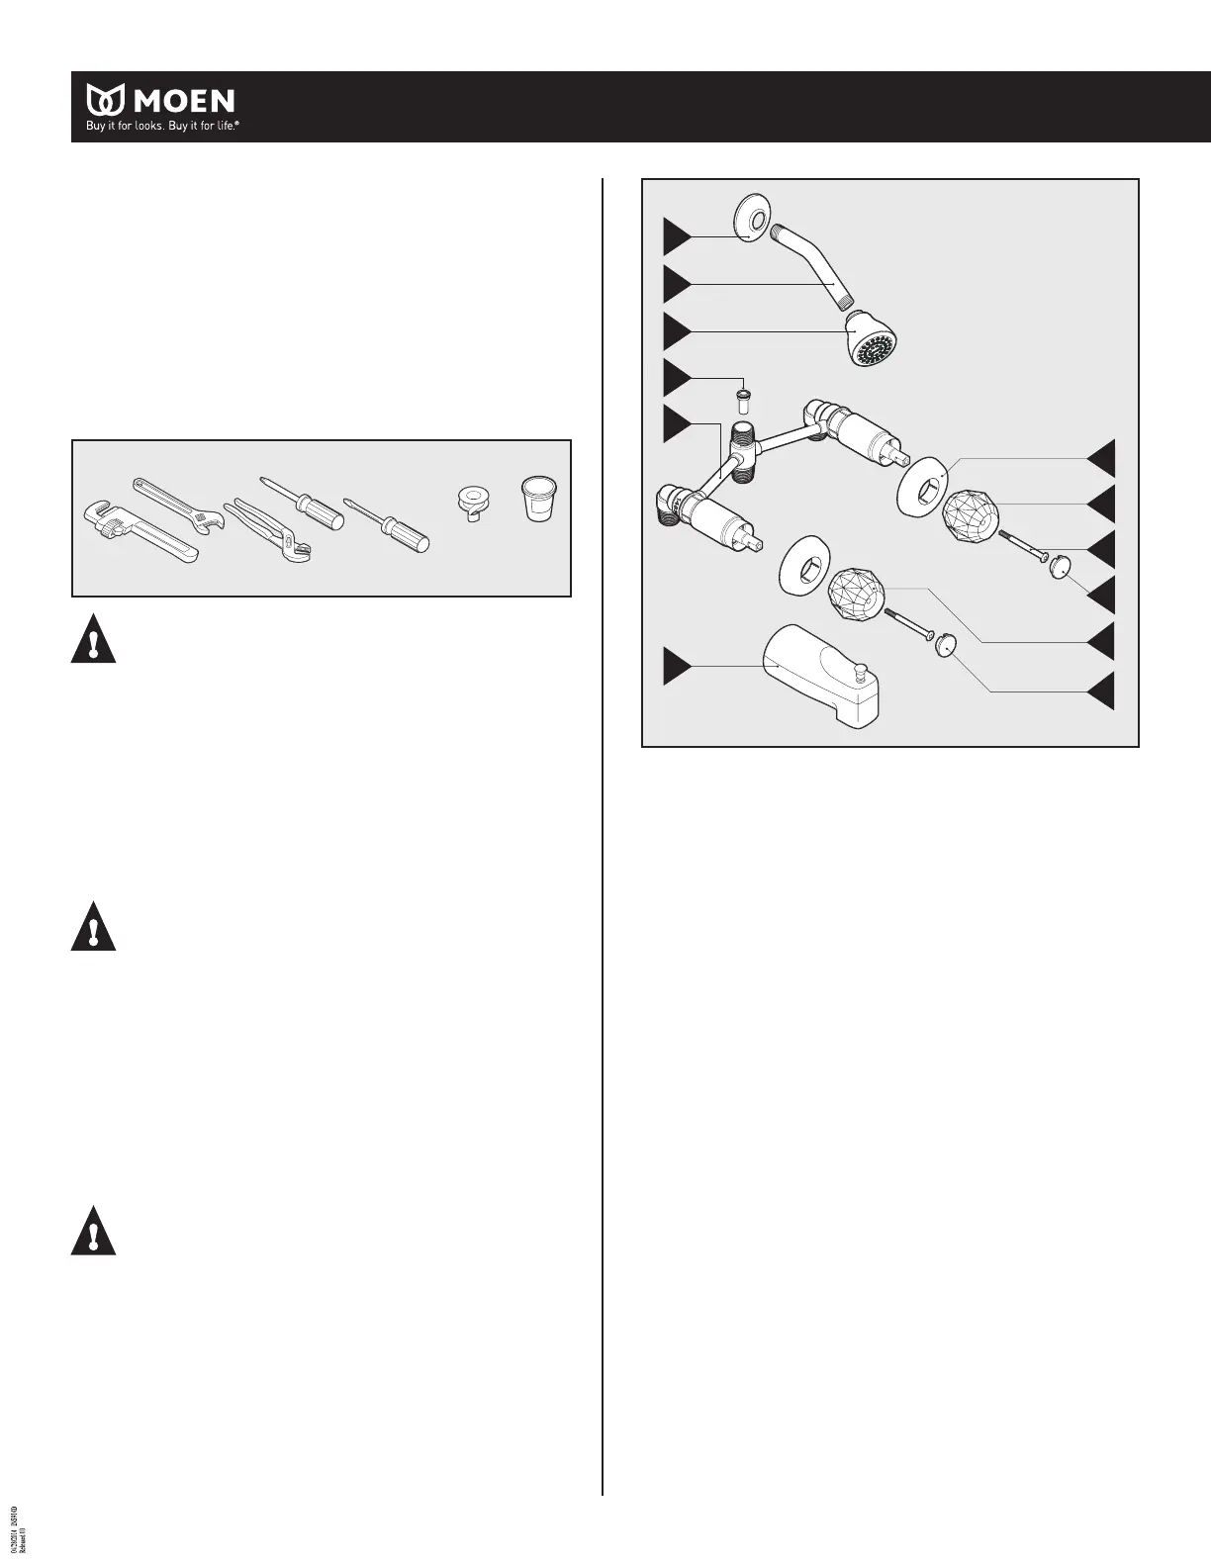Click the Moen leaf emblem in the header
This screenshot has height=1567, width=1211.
(x=105, y=100)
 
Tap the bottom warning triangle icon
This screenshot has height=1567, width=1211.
(x=93, y=1232)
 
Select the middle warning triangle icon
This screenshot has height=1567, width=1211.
(x=93, y=928)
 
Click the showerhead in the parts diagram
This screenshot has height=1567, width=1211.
(x=876, y=338)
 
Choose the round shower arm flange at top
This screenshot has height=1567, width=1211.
(x=752, y=218)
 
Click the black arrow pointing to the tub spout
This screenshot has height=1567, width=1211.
(x=677, y=665)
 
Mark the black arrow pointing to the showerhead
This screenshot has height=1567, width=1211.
(x=677, y=330)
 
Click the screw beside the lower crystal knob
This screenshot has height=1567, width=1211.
(x=906, y=627)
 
